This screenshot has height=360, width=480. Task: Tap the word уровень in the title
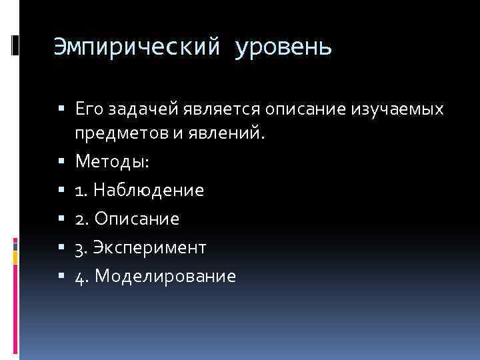[282, 49]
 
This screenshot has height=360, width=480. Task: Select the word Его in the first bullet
[89, 108]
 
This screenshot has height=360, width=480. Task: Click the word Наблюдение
[149, 191]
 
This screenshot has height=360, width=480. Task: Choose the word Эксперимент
[151, 248]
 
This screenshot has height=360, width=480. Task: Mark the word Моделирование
[165, 276]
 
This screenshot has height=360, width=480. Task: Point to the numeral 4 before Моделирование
[80, 276]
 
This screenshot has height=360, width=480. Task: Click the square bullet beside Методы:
[61, 162]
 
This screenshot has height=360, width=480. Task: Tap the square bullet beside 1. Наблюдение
[61, 191]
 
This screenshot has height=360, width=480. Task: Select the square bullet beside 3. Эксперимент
[61, 248]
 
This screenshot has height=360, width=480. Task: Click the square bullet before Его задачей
[61, 109]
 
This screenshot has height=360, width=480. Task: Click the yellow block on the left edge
[15, 254]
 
